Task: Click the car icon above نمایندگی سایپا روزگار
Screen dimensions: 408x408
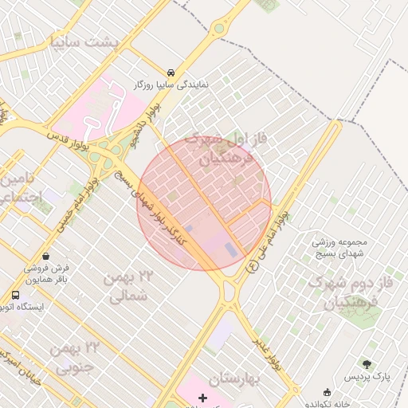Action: (x=171, y=71)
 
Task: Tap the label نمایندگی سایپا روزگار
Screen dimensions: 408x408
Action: (x=171, y=84)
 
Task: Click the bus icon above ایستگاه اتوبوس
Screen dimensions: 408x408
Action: (x=15, y=295)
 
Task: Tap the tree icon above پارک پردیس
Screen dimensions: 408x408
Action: (x=367, y=363)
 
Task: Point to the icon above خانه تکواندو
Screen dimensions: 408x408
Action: (x=327, y=391)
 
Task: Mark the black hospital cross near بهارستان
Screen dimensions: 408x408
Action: (x=202, y=397)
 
